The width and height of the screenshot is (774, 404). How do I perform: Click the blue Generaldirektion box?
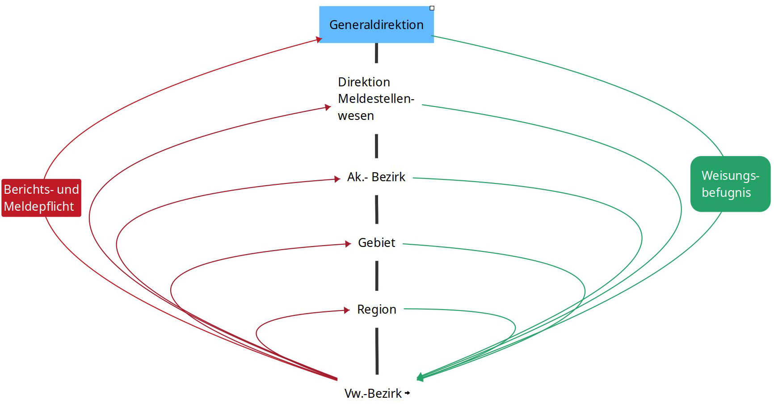[x=376, y=25]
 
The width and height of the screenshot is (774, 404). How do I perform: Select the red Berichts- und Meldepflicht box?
[x=41, y=198]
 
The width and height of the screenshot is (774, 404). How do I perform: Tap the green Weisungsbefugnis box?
[x=730, y=184]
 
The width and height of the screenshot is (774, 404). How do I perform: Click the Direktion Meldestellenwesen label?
[x=376, y=99]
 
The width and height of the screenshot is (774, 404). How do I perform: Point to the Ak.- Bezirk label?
[x=376, y=177]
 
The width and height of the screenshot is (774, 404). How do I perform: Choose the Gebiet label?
[x=377, y=242]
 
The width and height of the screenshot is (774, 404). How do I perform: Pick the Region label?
[x=377, y=309]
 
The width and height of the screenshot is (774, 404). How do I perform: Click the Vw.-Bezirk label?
[x=373, y=393]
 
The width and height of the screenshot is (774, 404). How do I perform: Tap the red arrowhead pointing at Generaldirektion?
[x=319, y=40]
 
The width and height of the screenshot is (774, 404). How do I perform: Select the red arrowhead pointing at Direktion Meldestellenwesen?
[x=328, y=107]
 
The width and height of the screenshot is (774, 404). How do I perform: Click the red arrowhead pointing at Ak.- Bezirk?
[x=337, y=179]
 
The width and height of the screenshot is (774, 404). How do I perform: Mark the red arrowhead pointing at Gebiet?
[x=348, y=244]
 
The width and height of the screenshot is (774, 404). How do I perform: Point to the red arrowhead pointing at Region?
[x=347, y=310]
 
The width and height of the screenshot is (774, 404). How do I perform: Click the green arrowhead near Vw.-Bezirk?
[x=420, y=378]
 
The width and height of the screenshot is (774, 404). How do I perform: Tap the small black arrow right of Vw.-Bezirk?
[x=407, y=393]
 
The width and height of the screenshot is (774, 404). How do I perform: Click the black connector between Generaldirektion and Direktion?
[x=376, y=53]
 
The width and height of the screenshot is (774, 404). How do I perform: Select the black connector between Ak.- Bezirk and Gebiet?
[x=377, y=209]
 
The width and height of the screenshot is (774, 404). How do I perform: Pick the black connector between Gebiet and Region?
[x=377, y=276]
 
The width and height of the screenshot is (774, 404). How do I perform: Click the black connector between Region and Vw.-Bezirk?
[x=377, y=351]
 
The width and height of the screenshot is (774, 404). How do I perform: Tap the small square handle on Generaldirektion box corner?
[x=432, y=8]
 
